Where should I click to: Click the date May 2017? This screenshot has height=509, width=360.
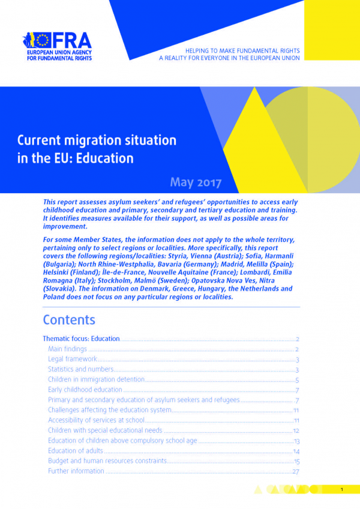tap(196, 181)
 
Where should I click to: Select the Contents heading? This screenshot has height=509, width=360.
tap(69, 320)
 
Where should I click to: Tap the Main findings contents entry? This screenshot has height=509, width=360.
tap(67, 349)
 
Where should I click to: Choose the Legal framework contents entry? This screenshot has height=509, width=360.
tap(68, 359)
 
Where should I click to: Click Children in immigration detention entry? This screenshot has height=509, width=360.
tap(96, 379)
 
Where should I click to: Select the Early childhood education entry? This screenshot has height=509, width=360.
tap(85, 390)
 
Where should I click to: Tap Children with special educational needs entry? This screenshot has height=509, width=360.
tap(105, 430)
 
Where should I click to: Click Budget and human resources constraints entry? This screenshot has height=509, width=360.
tap(107, 461)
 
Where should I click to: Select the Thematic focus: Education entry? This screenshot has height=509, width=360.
tap(81, 339)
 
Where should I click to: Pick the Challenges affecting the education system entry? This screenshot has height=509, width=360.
tap(110, 410)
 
